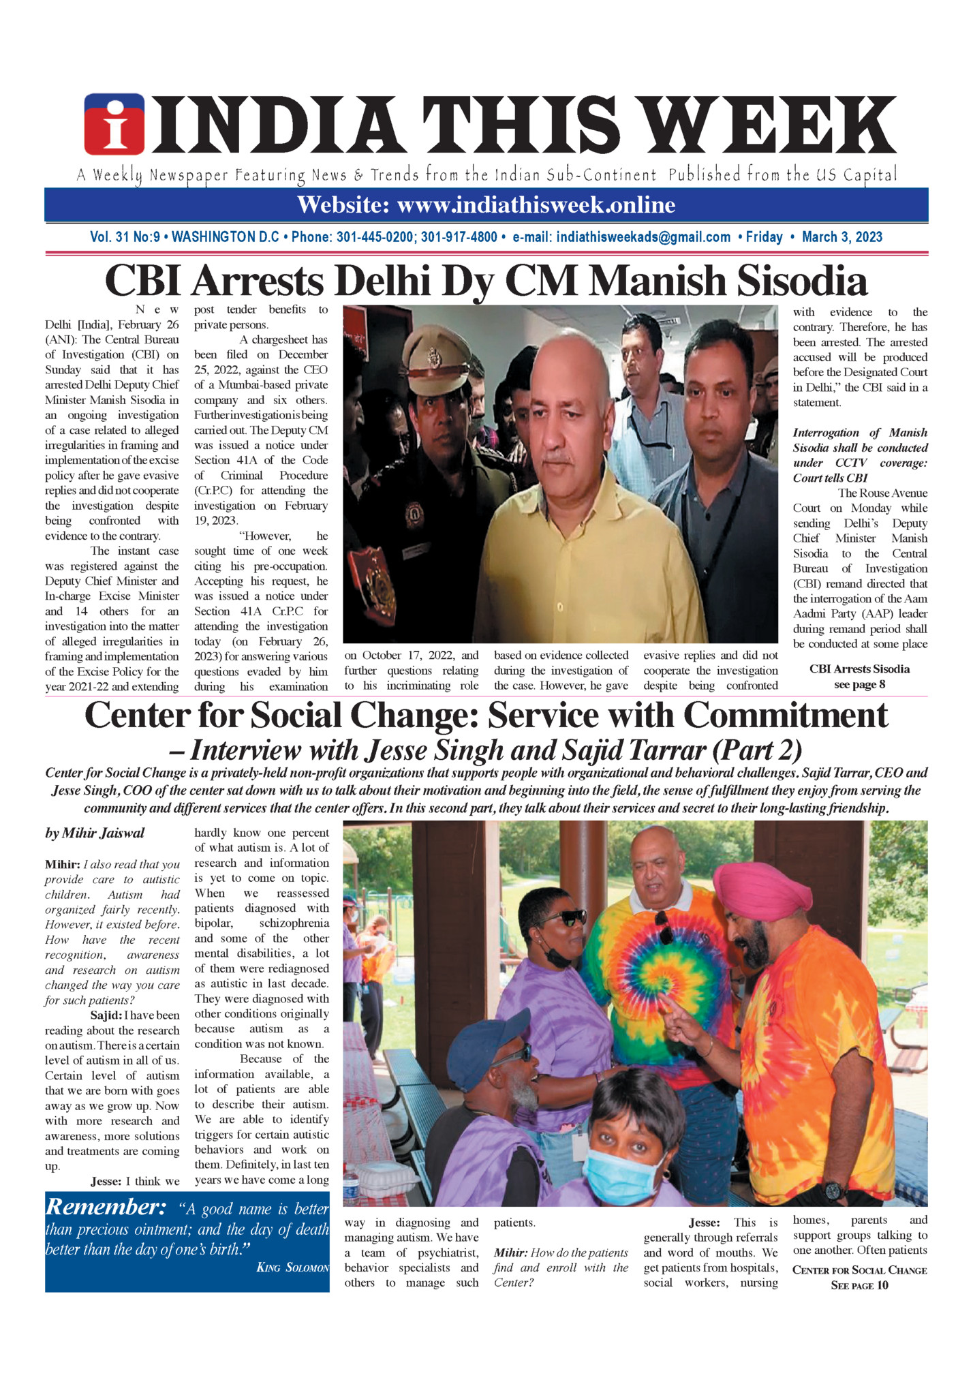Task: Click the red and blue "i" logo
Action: [x=114, y=124]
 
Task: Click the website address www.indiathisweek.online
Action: [x=536, y=204]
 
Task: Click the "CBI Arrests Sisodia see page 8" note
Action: [x=859, y=677]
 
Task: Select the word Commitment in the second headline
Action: [x=786, y=716]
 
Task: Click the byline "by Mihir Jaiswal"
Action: [x=95, y=833]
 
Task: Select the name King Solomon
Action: [x=292, y=1268]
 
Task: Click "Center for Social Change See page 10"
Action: [x=859, y=1278]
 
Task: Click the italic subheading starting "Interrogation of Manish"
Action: [x=860, y=455]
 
